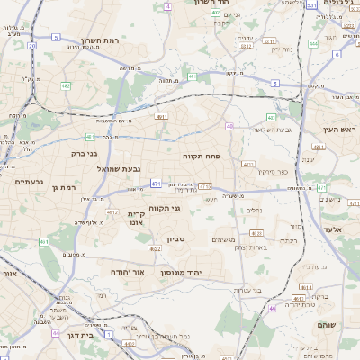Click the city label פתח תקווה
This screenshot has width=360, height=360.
(x=208, y=156)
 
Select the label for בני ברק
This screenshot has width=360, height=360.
(x=84, y=153)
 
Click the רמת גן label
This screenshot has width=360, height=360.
(x=67, y=186)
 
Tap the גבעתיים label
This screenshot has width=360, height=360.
(x=30, y=182)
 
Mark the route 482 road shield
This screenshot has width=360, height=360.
(x=66, y=86)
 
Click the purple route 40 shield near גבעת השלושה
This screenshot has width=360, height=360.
(x=229, y=126)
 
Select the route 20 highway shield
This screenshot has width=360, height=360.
(x=32, y=45)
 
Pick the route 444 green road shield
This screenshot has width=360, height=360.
(x=313, y=42)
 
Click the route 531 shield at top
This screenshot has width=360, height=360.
(x=310, y=5)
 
